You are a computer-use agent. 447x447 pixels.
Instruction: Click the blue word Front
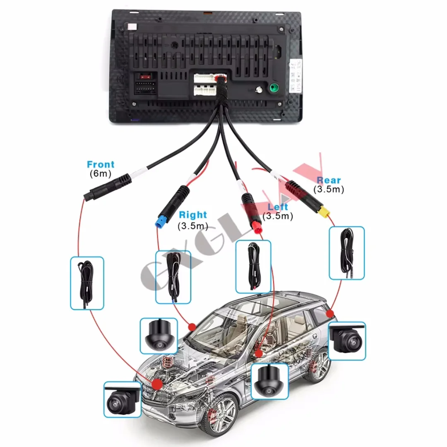[101, 165]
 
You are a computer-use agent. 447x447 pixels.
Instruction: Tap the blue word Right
[192, 215]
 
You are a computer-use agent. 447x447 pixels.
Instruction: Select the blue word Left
[278, 207]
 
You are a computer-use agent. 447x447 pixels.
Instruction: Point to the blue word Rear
[329, 180]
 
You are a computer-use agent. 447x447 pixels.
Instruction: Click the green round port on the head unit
[274, 88]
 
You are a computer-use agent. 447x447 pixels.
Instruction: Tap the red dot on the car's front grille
[157, 384]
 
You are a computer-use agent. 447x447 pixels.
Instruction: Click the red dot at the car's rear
[330, 313]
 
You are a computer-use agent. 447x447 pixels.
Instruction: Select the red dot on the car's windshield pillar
[192, 327]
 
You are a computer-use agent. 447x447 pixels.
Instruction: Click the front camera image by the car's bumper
[123, 399]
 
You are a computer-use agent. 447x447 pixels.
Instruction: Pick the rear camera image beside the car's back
[347, 341]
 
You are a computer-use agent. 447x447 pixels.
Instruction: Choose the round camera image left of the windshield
[159, 336]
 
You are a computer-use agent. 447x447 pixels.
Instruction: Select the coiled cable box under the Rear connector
[347, 252]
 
